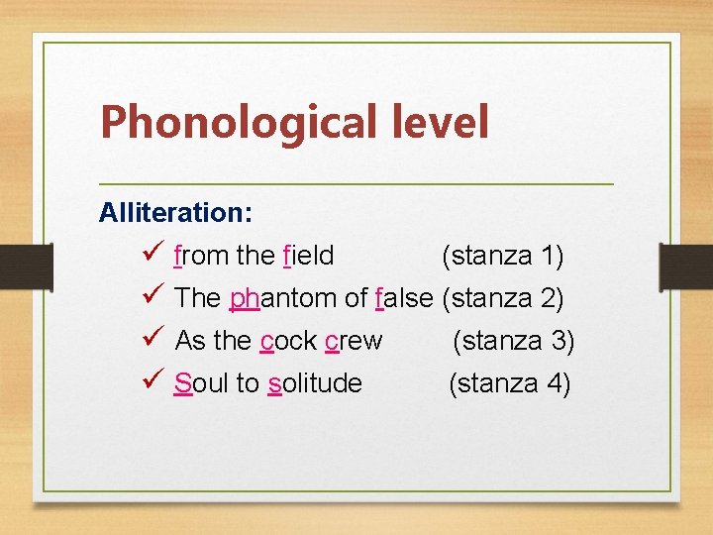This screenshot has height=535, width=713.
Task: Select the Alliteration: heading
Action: [x=175, y=212]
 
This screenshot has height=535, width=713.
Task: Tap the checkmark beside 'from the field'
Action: [x=152, y=256]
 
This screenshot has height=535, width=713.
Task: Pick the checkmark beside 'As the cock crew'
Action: [x=152, y=340]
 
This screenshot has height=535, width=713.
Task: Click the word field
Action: [x=308, y=256]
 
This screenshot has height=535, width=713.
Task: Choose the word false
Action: [x=405, y=297]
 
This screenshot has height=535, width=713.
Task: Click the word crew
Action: [x=354, y=341]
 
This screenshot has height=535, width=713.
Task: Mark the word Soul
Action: [x=200, y=383]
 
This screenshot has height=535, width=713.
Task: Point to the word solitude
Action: [x=315, y=383]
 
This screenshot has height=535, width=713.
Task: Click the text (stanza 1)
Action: [x=502, y=256]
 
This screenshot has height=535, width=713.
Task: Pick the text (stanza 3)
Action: [x=513, y=341]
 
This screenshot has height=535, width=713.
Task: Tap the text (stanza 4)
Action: [x=509, y=383]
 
